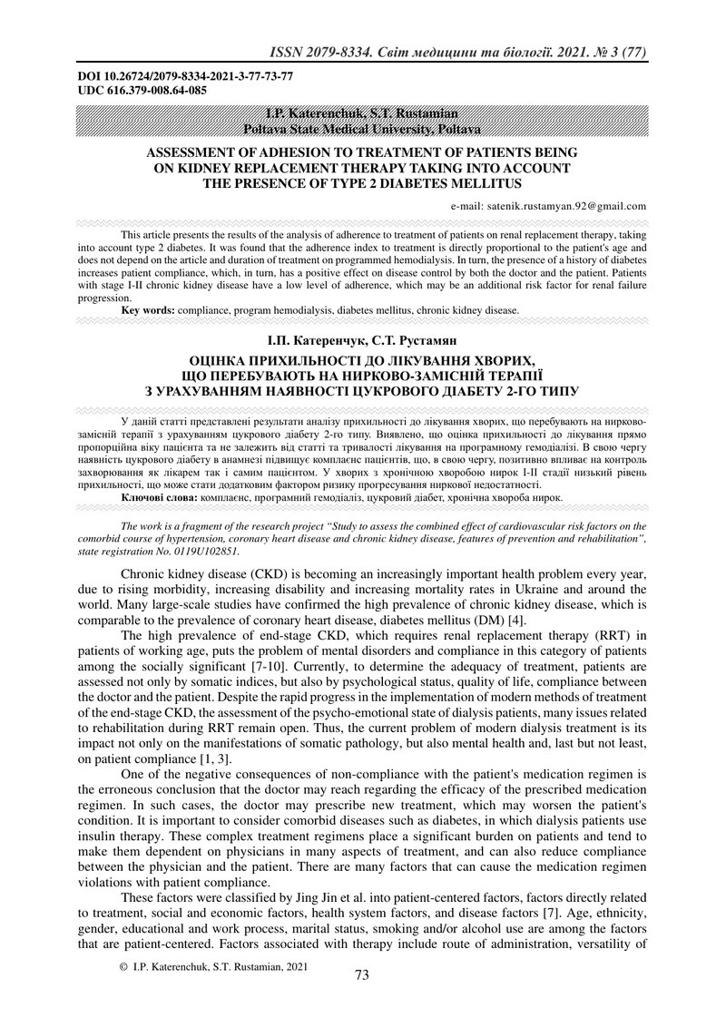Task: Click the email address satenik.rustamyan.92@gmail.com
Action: point(548,206)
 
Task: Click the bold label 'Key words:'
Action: point(148,310)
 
